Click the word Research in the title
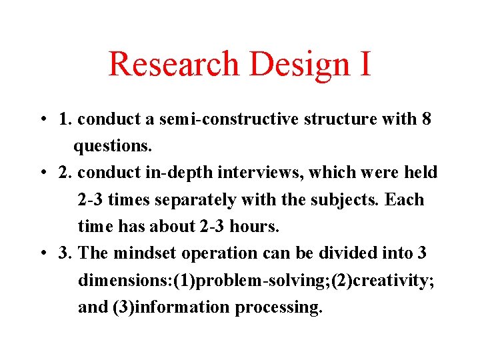(x=173, y=64)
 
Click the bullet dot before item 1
(x=42, y=120)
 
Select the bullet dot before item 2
(x=42, y=173)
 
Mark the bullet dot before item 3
(x=42, y=254)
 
